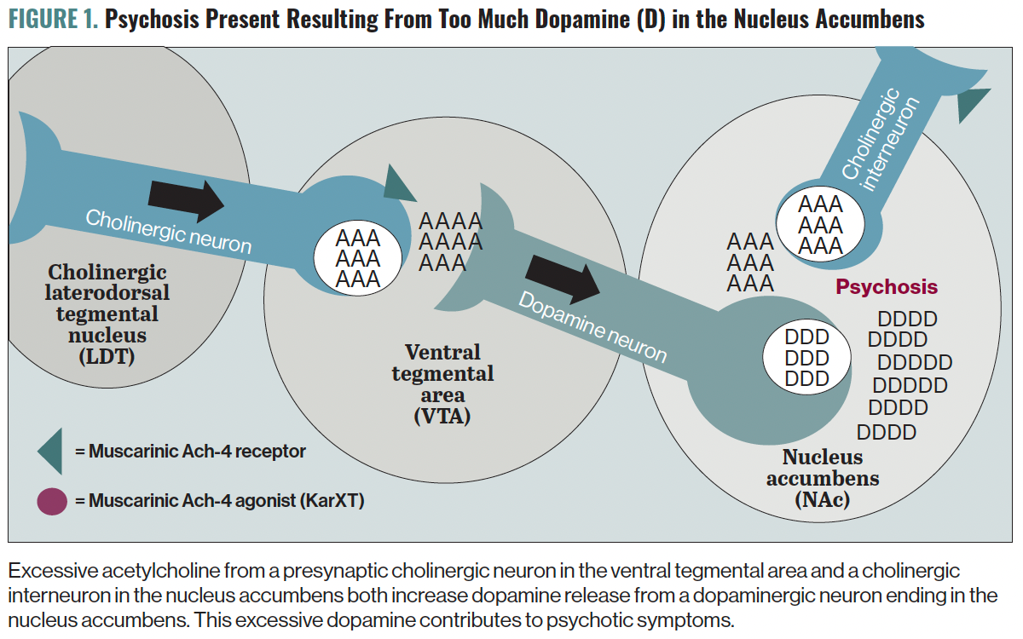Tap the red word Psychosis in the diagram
pos(886,287)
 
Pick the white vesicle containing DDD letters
pos(806,358)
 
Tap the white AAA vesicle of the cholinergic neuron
pos(358,257)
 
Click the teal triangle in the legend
pos(50,451)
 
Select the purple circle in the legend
pos(51,500)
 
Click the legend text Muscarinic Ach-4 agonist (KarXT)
pos(226,500)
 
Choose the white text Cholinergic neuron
pos(169,230)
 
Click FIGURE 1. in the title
pos(53,19)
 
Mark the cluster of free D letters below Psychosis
pos(905,376)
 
